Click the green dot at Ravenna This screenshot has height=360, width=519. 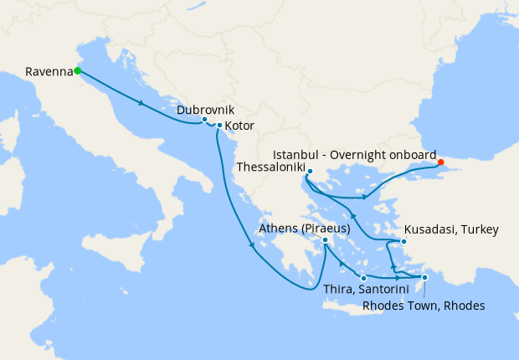click(x=77, y=71)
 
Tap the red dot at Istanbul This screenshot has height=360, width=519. click(x=441, y=163)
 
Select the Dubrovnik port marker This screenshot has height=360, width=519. click(x=204, y=120)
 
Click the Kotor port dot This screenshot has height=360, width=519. click(x=219, y=126)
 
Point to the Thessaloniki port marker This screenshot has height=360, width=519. click(x=309, y=172)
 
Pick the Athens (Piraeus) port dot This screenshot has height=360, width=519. click(x=325, y=239)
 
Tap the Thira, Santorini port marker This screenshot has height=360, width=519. click(x=363, y=277)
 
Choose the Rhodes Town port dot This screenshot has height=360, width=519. click(x=424, y=277)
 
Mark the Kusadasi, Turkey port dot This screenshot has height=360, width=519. click(x=403, y=242)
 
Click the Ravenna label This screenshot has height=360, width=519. click(x=49, y=71)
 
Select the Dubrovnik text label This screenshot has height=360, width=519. click(x=205, y=110)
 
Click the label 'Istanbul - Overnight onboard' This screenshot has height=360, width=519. click(x=355, y=155)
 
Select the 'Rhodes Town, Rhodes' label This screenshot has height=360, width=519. click(x=424, y=306)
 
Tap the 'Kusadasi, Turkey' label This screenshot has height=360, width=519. click(x=451, y=229)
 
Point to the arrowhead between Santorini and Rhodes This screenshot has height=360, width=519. click(x=397, y=278)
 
